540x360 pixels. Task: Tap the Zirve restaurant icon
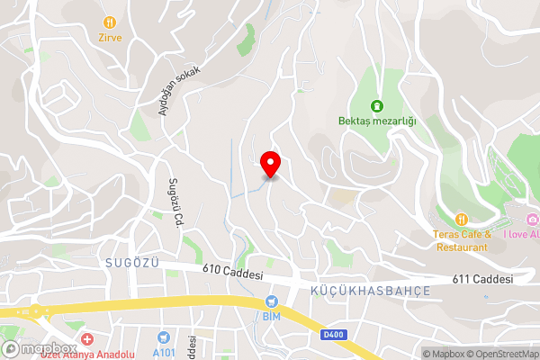click(110, 22)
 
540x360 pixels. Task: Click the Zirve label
click(110, 39)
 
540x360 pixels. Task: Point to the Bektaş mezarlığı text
click(377, 121)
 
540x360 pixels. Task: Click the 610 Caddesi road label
click(232, 270)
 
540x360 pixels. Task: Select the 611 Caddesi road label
click(483, 279)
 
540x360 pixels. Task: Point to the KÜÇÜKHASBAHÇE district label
click(370, 292)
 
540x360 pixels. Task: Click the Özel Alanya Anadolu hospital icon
click(86, 340)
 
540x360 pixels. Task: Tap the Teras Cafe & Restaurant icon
click(461, 219)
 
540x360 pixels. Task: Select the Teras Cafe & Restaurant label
click(460, 240)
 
